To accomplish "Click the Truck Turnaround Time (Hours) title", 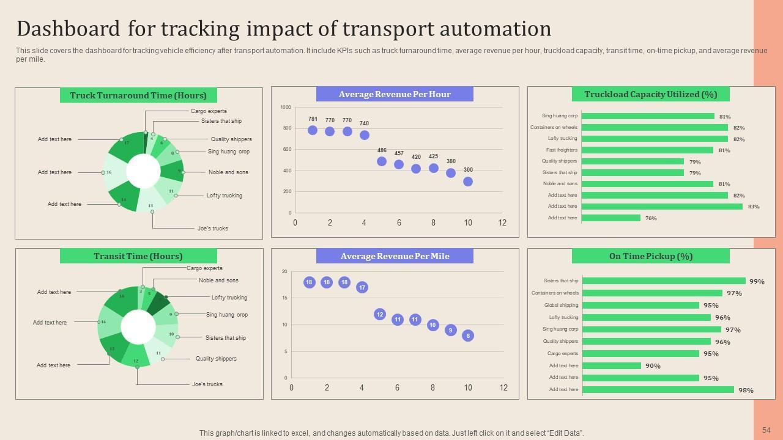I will (x=138, y=95).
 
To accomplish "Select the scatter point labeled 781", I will (x=313, y=130).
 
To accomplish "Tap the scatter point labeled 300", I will (x=468, y=182).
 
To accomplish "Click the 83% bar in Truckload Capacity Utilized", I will (x=662, y=207).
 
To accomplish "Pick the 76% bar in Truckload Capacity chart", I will (x=610, y=218).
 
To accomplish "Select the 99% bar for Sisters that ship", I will (x=664, y=281).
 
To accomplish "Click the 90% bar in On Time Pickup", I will (x=611, y=366).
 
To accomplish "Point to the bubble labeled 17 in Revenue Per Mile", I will (x=362, y=287).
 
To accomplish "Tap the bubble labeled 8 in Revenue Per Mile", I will (x=468, y=335).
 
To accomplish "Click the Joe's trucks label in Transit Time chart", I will (x=207, y=384).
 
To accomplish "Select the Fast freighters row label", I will (x=562, y=150).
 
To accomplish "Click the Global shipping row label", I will (x=561, y=305).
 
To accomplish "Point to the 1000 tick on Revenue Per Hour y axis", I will (x=286, y=108).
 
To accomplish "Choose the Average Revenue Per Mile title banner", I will (x=395, y=256).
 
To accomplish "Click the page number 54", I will (x=766, y=430).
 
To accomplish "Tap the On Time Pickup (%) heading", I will (x=650, y=256).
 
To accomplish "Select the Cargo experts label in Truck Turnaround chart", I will (x=209, y=111).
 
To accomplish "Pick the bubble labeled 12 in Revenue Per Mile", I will (x=380, y=314).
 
